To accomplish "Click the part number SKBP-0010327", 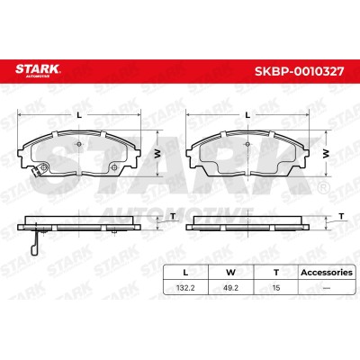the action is [299, 71].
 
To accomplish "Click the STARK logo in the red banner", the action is [38, 70].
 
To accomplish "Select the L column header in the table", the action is [185, 273].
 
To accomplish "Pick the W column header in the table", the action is [230, 273].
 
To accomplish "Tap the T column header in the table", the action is [276, 273].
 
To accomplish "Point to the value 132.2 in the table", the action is [185, 288].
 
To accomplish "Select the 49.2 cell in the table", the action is [231, 288].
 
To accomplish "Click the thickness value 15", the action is [276, 288].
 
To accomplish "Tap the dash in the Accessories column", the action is [327, 288].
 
